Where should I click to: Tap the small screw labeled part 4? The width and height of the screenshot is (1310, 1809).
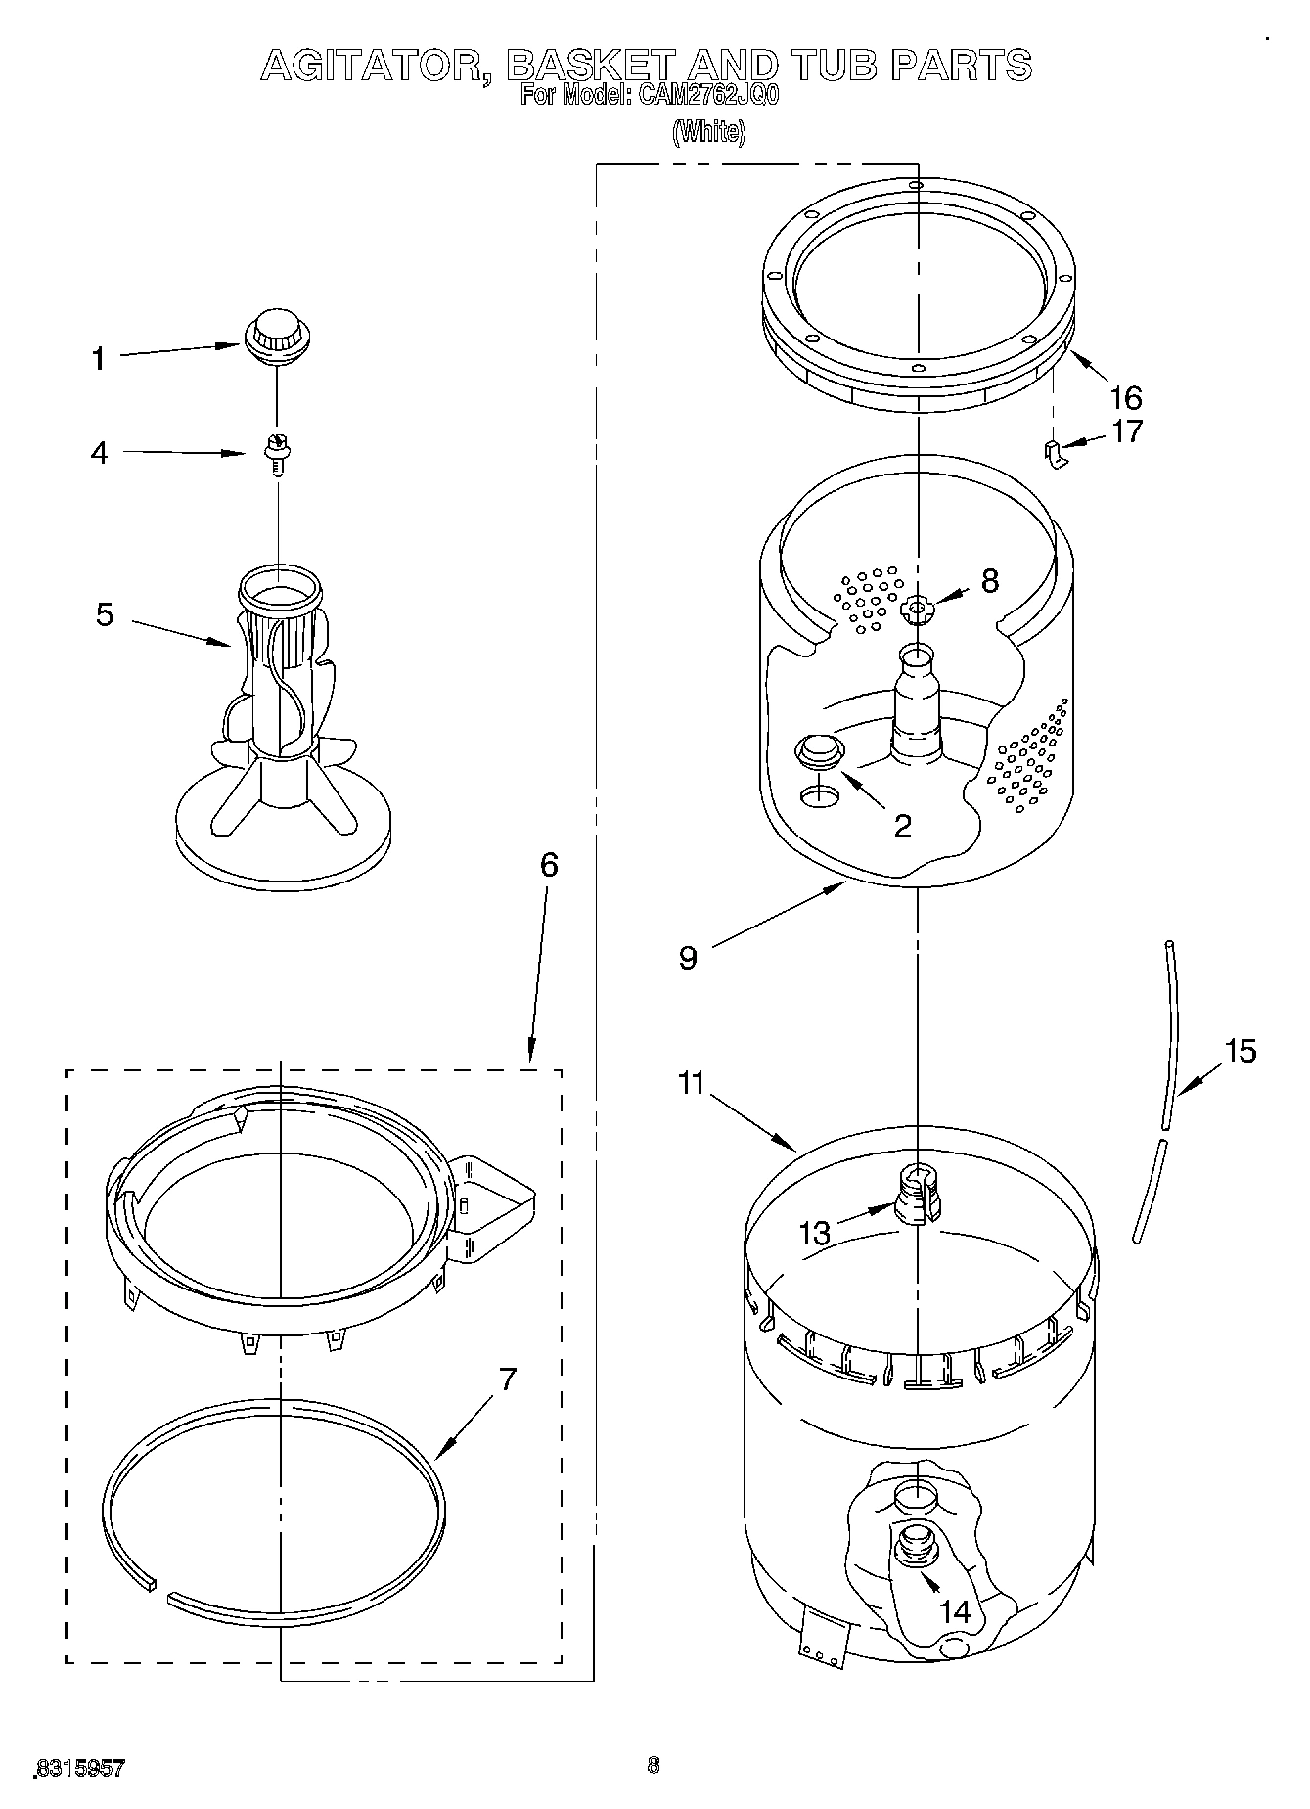coord(277,452)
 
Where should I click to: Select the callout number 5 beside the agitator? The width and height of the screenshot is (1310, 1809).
coord(105,614)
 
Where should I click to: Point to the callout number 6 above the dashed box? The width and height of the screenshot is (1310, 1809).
coord(549,865)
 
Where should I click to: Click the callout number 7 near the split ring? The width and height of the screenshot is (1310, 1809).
coord(506,1380)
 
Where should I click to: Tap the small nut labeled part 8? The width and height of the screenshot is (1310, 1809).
coord(916,611)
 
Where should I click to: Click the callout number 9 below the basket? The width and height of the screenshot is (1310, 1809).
coord(688,958)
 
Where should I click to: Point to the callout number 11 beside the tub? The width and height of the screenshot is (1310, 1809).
coord(691,1083)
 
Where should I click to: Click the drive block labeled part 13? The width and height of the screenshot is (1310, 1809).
coord(918,1196)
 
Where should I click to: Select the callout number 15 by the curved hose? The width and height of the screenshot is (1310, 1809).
coord(1240,1051)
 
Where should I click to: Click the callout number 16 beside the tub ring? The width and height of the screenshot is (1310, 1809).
coord(1126,397)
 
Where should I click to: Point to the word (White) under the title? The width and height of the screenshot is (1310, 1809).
coord(709,132)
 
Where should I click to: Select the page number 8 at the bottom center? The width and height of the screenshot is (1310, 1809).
coord(654,1765)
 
